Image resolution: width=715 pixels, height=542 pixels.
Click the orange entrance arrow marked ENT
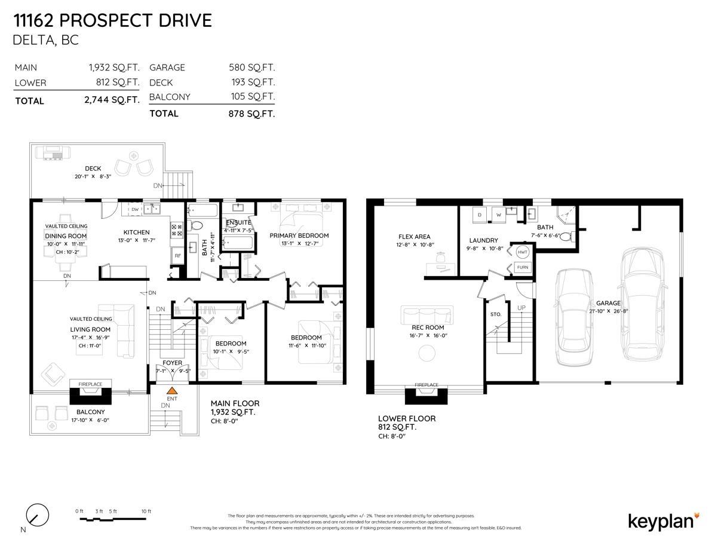click(172, 390)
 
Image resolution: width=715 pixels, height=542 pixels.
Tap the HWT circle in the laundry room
click(523, 252)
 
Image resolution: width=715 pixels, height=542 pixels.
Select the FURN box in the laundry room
click(523, 267)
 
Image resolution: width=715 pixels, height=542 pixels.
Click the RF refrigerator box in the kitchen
click(177, 256)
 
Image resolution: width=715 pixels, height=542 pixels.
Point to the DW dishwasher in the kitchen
click(135, 210)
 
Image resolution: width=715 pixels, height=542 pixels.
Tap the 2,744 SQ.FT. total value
click(112, 100)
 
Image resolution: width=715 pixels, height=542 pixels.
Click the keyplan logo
click(664, 520)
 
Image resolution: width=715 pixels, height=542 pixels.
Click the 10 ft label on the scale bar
click(146, 512)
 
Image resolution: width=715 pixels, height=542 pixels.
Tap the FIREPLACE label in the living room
click(90, 384)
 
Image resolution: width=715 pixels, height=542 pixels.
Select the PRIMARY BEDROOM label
click(299, 235)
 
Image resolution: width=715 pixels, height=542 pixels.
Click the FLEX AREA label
click(414, 237)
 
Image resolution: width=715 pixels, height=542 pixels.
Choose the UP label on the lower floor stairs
click(521, 307)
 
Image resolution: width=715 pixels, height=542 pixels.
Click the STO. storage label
click(495, 314)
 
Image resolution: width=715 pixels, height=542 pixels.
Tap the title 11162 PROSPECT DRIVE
click(113, 21)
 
